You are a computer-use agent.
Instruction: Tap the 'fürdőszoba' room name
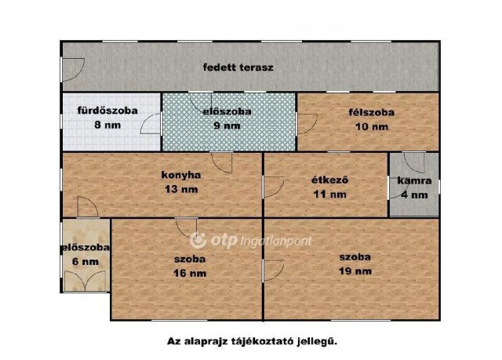[x=107, y=111]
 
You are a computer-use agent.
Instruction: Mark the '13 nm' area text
[x=182, y=189]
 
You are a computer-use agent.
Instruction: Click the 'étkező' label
[x=329, y=180]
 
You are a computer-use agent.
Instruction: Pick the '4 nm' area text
[x=414, y=195]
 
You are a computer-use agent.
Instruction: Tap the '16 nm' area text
[x=190, y=273]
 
